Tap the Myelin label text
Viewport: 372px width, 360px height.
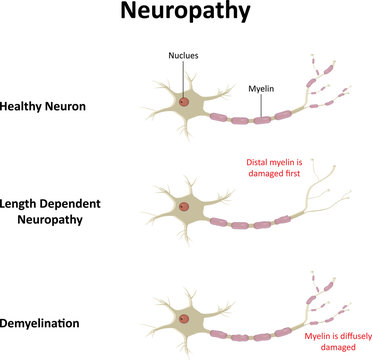pyautogui.click(x=262, y=88)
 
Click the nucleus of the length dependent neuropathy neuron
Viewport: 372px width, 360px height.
pyautogui.click(x=184, y=207)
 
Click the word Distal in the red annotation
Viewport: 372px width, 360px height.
pyautogui.click(x=258, y=161)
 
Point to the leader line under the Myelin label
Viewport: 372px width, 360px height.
pyautogui.click(x=262, y=103)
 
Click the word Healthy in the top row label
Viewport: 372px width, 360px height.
pyautogui.click(x=25, y=105)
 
